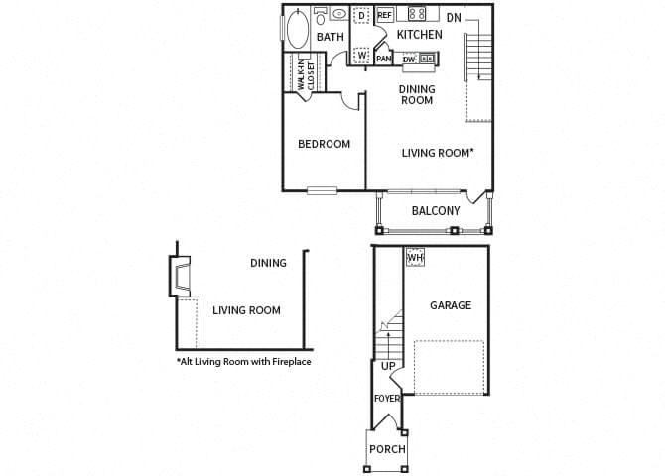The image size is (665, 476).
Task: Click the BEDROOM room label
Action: (x=324, y=144)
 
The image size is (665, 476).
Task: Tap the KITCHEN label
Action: (x=419, y=35)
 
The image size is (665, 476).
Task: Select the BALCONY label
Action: (x=435, y=210)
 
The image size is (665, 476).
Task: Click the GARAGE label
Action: (x=450, y=305)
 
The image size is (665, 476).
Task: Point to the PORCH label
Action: (x=387, y=449)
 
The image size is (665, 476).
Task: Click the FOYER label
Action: (x=386, y=399)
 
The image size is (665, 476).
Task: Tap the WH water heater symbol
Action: (x=415, y=257)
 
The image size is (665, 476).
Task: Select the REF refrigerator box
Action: (x=384, y=15)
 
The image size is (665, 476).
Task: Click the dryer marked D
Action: (x=361, y=16)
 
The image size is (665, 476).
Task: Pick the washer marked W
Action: (x=361, y=55)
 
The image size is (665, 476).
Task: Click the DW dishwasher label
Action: (x=410, y=59)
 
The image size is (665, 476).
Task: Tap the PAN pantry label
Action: (x=383, y=59)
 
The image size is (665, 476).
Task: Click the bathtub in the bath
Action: (x=297, y=29)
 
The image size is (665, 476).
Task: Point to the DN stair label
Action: (x=454, y=17)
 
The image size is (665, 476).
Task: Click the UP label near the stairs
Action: (x=388, y=366)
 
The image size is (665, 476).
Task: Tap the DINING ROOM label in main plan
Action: (x=417, y=94)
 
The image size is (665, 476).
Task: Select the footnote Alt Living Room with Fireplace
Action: (x=243, y=362)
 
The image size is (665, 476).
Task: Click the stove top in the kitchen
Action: (x=418, y=14)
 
